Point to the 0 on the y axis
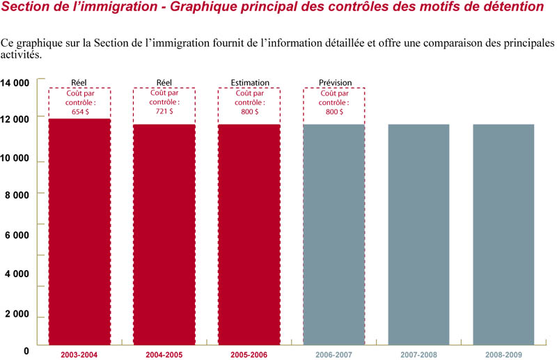point(26,351)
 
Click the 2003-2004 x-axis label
point(79,355)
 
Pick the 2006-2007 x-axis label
point(334,355)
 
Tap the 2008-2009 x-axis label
point(503,355)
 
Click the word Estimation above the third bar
point(249,83)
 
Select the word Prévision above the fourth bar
point(335,83)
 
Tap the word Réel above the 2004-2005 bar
point(164,83)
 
